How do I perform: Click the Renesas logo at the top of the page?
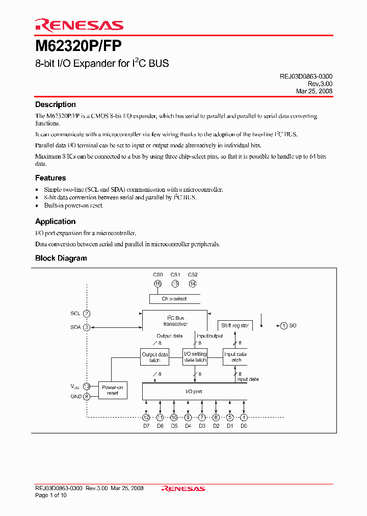79,25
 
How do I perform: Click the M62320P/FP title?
78,46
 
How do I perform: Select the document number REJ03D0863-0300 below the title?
306,76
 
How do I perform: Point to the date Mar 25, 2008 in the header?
314,91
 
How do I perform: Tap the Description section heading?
55,105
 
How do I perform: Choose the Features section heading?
50,178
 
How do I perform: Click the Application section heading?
55,221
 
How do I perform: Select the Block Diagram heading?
61,258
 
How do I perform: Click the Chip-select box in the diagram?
174,299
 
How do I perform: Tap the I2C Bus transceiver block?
174,320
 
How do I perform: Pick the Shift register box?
234,325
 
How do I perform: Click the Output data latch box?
154,357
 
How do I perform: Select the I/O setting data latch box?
195,357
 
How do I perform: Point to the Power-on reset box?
113,390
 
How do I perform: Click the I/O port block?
194,392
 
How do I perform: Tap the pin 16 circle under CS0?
158,283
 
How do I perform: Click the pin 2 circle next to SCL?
87,314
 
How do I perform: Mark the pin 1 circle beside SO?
283,325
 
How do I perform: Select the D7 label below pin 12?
146,425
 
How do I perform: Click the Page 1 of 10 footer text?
51,495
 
